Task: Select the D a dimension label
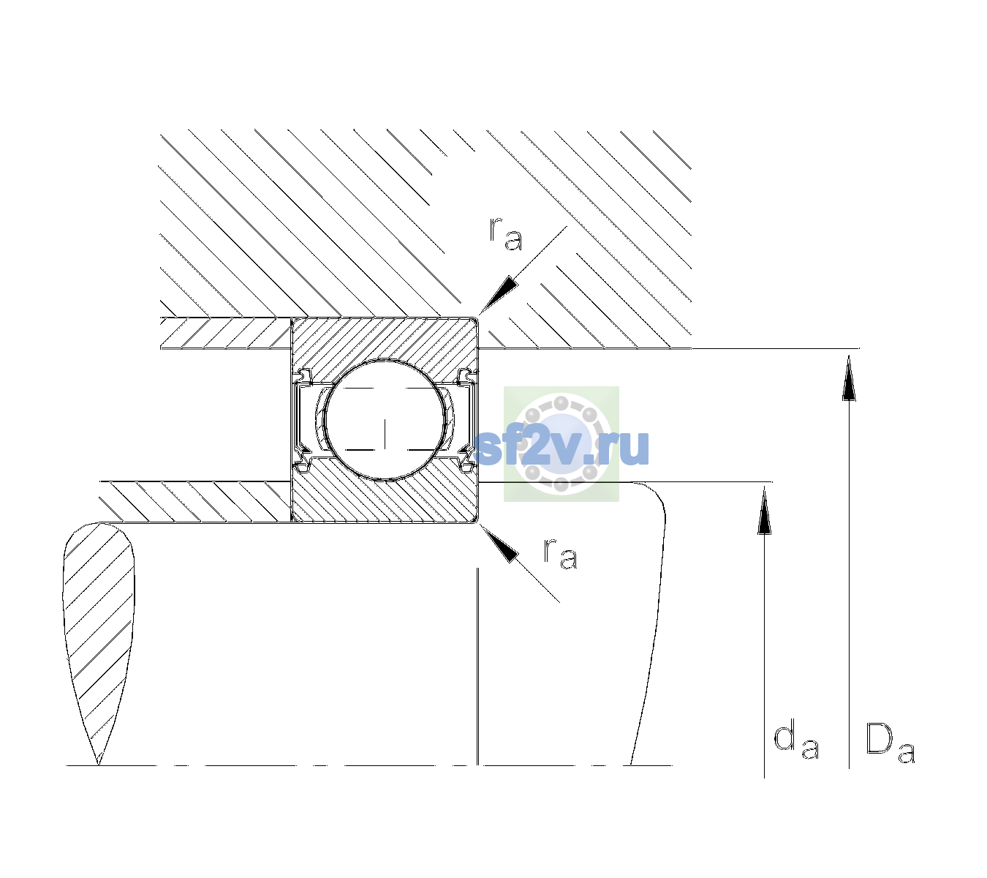pos(890,743)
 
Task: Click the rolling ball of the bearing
pos(385,420)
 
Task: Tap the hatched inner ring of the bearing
pos(385,498)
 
